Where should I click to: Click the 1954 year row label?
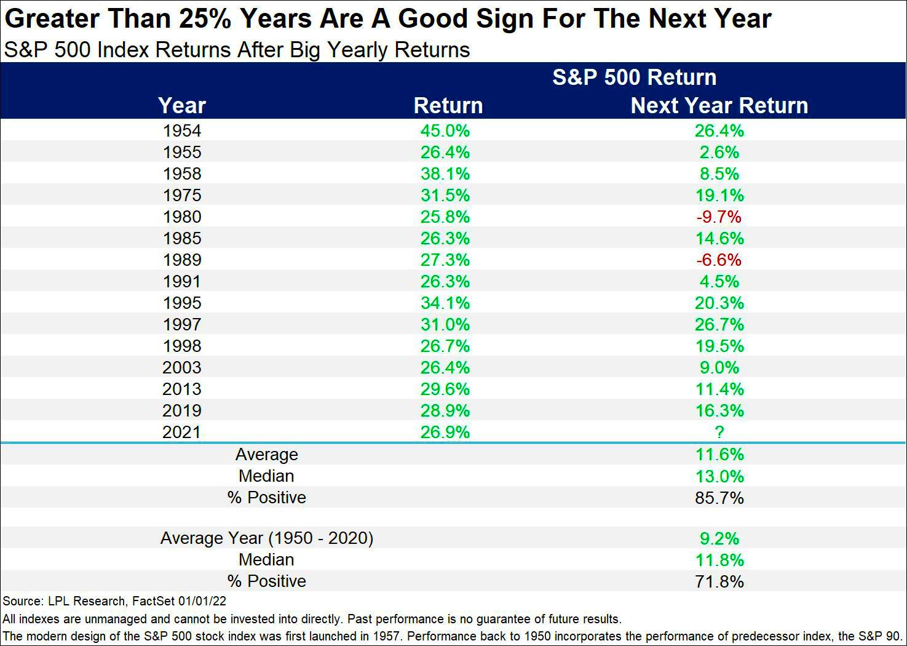point(182,130)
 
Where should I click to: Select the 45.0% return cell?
point(445,130)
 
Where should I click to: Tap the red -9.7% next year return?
point(719,217)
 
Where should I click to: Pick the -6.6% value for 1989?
point(719,260)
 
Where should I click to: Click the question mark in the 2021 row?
point(719,432)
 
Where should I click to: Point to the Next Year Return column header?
point(719,105)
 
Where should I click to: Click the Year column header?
point(181,105)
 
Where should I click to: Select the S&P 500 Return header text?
point(634,78)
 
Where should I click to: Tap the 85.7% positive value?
point(719,497)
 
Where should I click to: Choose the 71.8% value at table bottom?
point(719,581)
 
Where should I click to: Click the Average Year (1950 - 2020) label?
point(266,538)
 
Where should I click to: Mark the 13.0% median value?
point(719,476)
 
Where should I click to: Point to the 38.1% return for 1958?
point(445,173)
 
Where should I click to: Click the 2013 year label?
point(182,389)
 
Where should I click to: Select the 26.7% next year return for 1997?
point(719,324)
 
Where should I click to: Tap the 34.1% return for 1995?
point(445,303)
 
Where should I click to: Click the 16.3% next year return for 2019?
point(719,410)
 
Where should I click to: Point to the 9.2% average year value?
point(719,538)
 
